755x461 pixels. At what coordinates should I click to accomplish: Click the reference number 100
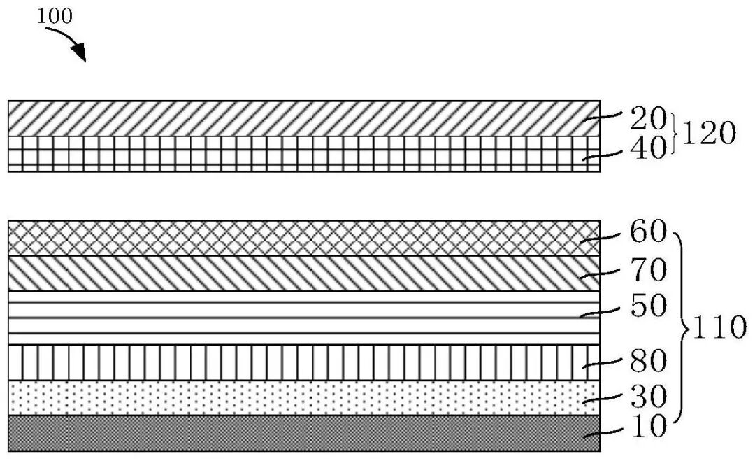click(x=55, y=16)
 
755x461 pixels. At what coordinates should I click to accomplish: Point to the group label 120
click(x=709, y=133)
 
